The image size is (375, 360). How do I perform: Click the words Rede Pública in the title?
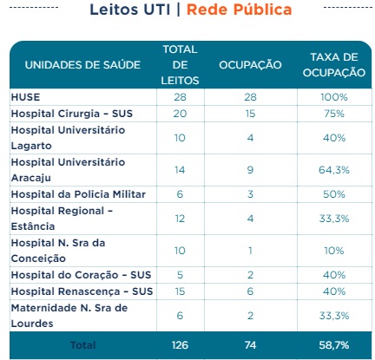pos(239,10)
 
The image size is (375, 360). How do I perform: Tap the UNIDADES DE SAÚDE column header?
pos(82,65)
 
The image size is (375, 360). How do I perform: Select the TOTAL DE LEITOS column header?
pos(180,65)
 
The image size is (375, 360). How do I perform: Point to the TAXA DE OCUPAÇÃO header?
pos(334,65)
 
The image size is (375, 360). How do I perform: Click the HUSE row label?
pos(25,97)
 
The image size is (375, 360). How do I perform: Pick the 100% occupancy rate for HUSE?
pos(334,97)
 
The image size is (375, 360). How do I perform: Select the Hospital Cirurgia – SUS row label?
pos(72,114)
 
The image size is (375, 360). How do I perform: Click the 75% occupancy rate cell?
pos(334,114)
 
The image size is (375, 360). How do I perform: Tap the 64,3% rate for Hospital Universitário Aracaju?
pos(334,170)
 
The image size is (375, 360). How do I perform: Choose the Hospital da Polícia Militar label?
pos(78,194)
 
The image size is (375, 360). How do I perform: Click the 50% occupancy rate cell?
pos(334,194)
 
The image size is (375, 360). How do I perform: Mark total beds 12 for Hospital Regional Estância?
pos(180,219)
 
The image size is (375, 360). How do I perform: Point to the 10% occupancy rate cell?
pos(334,251)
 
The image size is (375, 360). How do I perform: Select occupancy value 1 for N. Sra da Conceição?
pos(250,251)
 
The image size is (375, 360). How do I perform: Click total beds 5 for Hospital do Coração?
pos(180,275)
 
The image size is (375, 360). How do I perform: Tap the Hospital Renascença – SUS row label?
pos(82,291)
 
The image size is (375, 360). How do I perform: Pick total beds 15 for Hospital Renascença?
pos(180,291)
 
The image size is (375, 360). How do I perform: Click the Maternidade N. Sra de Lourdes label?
pos(69,316)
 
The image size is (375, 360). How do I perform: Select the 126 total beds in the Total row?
pos(180,345)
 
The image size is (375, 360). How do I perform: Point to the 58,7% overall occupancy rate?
pos(334,345)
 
